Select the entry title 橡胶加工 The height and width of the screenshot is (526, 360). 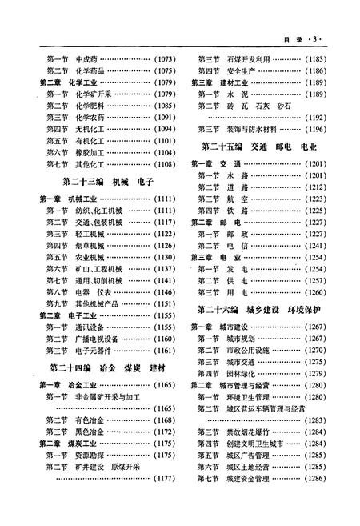[90, 152]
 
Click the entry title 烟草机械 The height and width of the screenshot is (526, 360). [90, 245]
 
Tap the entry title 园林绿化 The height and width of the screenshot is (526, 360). [242, 373]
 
